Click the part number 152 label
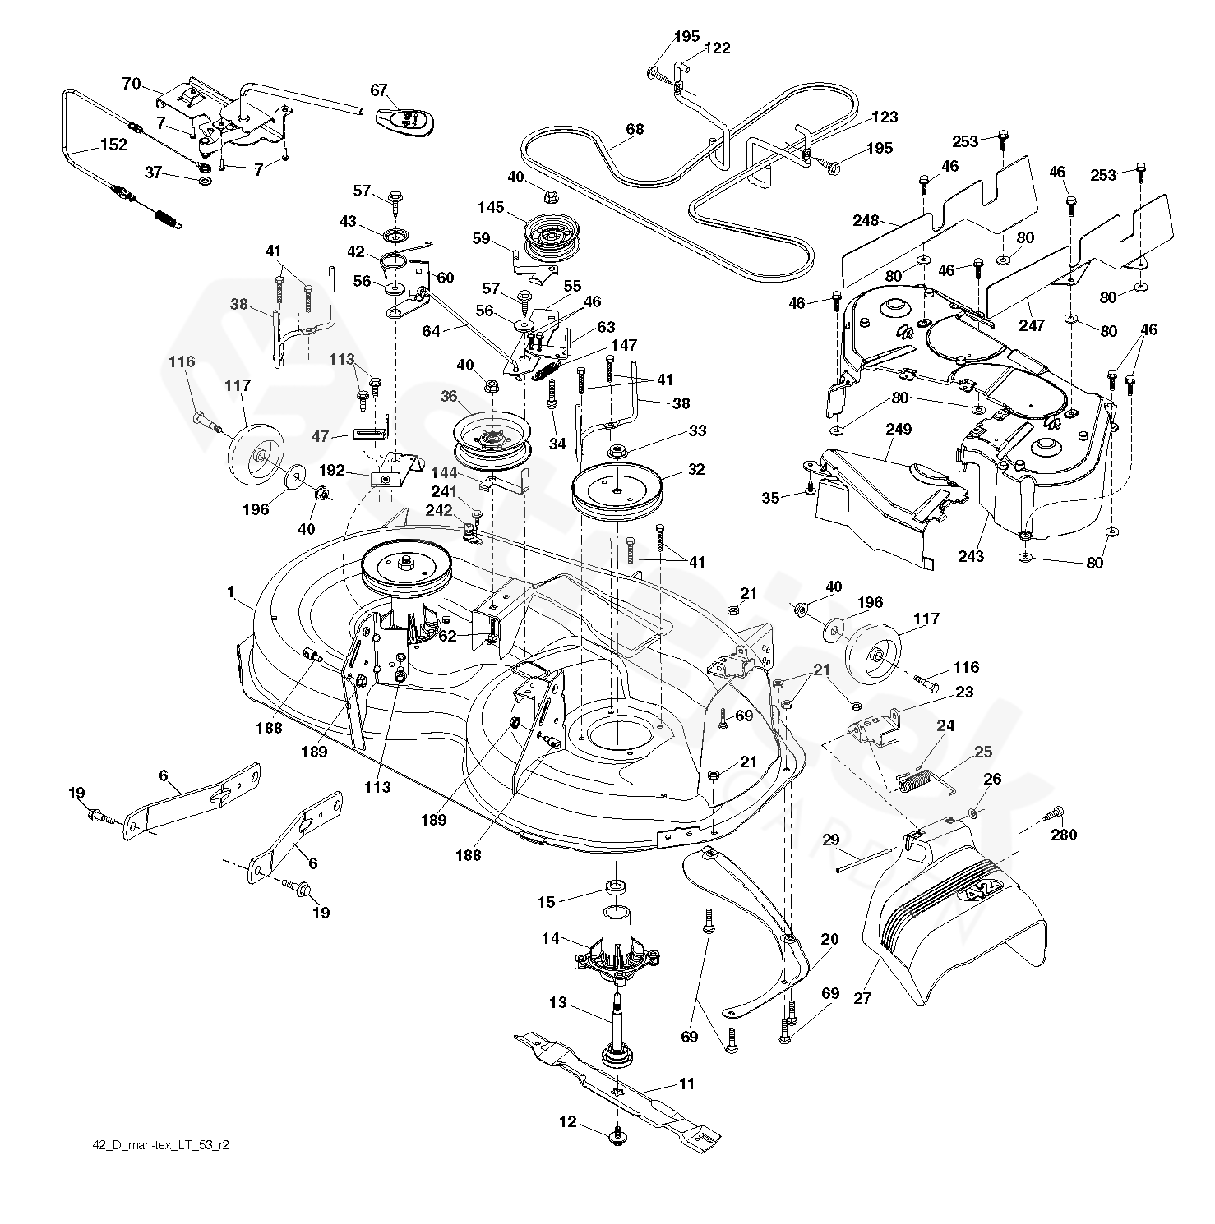(113, 145)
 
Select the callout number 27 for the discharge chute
(862, 999)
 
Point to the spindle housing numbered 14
(616, 945)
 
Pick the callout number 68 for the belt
(635, 129)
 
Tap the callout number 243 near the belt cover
(971, 556)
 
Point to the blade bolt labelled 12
(616, 1134)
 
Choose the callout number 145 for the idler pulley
(491, 208)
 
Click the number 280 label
(1063, 835)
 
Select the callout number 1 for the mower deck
(231, 591)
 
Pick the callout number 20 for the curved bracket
(829, 940)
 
